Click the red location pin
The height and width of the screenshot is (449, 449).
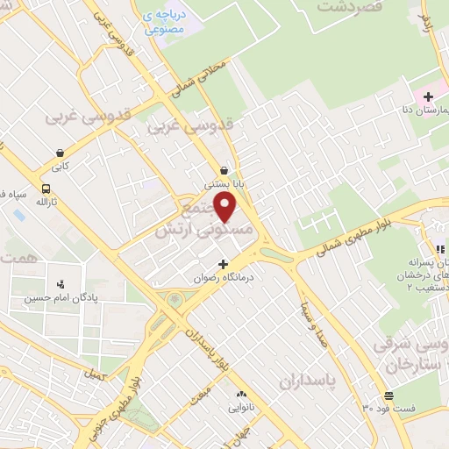point(226,208)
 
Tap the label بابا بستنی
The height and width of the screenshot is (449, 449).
point(221,185)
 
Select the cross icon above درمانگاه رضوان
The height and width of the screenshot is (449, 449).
point(223,263)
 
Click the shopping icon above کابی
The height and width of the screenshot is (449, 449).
point(59,152)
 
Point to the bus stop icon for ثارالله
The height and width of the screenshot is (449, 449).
point(46,189)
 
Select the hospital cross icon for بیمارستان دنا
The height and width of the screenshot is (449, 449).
point(427,96)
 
